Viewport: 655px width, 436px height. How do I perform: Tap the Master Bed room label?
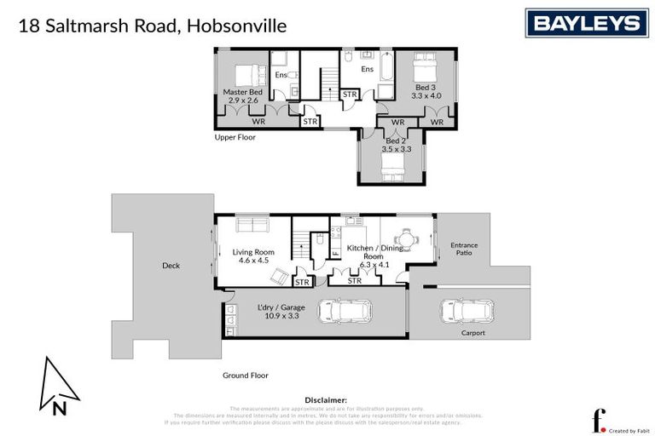(242, 92)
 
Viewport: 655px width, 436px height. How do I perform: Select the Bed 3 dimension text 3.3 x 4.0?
(426, 96)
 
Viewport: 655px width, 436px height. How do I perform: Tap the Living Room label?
(252, 252)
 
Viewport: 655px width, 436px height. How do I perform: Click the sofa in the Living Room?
(252, 225)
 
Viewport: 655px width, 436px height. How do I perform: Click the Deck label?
(171, 266)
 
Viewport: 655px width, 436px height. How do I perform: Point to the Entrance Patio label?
(464, 250)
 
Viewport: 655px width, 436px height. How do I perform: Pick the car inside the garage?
(345, 312)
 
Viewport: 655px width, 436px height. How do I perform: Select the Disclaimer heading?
(326, 399)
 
